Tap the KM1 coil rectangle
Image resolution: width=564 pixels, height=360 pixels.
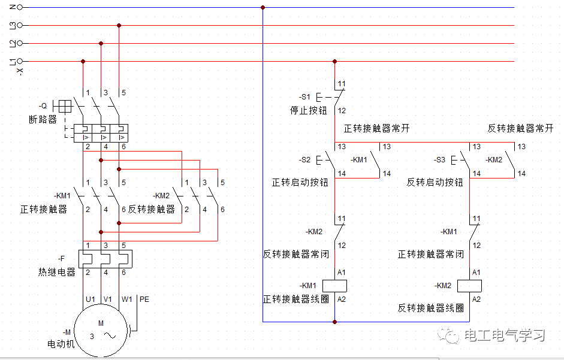pos(335,285)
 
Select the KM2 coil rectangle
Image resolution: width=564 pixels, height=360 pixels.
pos(470,285)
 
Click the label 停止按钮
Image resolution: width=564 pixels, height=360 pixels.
pos(309,111)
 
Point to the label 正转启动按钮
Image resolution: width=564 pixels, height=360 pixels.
pos(300,182)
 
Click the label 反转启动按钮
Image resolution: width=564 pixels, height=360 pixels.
pos(435,182)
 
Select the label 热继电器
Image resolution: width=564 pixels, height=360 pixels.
pos(57,272)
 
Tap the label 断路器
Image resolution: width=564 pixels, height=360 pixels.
pos(43,119)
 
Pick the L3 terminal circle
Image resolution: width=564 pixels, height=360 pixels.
pos(20,25)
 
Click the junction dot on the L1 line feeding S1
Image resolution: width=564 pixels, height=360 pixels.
pos(335,61)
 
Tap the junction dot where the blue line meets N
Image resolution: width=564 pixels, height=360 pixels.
pos(263,8)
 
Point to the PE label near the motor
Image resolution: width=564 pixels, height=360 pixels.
pos(144,299)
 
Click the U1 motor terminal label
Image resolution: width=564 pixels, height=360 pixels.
pos(91,299)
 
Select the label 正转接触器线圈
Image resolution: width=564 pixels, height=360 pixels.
pos(296,299)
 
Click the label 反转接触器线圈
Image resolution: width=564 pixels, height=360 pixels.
pos(431,308)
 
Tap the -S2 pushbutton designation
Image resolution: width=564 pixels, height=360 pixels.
pos(305,160)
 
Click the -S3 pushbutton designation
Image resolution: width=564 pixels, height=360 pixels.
pos(439,160)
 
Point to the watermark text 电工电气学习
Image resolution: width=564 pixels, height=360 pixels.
pos(504,335)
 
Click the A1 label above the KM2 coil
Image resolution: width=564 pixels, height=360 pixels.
pos(476,272)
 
